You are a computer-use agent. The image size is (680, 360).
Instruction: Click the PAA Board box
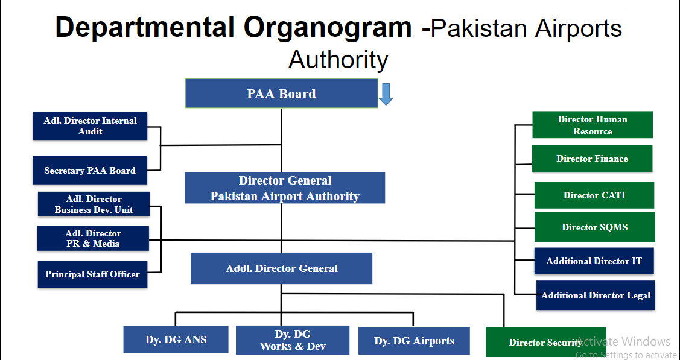281,93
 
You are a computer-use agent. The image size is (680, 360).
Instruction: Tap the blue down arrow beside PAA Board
386,93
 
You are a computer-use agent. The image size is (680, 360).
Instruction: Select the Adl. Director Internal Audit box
90,125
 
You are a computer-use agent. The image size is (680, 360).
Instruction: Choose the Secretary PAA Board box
90,171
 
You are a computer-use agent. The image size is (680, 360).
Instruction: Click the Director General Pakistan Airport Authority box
285,188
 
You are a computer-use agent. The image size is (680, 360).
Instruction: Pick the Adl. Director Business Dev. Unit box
94,204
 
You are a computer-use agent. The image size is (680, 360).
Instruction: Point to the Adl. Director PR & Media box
93,238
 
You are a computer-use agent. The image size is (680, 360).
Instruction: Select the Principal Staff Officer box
92,274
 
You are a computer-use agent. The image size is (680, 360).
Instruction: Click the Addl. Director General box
281,268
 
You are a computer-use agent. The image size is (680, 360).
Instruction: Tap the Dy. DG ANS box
176,339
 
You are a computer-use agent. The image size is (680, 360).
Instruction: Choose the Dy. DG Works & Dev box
293,340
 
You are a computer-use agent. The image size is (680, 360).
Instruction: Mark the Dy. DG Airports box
414,341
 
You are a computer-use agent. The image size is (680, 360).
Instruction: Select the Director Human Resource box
592,125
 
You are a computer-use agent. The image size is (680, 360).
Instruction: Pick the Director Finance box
592,159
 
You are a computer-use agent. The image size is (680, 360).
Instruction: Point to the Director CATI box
594,195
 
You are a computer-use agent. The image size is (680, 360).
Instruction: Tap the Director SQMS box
594,227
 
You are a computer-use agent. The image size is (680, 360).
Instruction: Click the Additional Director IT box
594,261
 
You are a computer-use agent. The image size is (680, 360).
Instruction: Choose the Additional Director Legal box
596,295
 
